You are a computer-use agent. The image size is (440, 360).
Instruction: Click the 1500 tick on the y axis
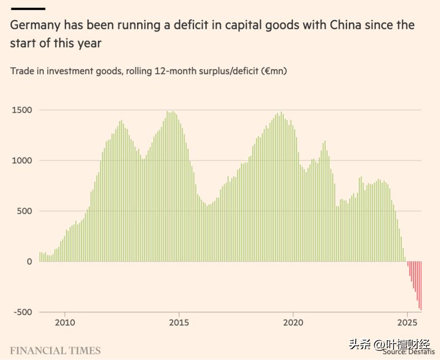pos(21,110)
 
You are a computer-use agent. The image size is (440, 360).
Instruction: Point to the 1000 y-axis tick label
pos(21,160)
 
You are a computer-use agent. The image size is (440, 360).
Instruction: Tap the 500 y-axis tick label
pos(24,211)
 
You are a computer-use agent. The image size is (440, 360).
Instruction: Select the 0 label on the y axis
pos(29,261)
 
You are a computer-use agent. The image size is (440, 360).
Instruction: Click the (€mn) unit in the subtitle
pos(274,71)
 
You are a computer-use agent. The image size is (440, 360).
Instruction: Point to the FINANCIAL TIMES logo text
pos(55,351)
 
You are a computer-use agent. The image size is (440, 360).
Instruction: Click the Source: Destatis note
pos(409,351)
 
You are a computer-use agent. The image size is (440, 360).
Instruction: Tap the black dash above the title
pos(27,8)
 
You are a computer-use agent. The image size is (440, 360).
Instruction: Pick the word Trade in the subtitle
pos(22,71)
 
